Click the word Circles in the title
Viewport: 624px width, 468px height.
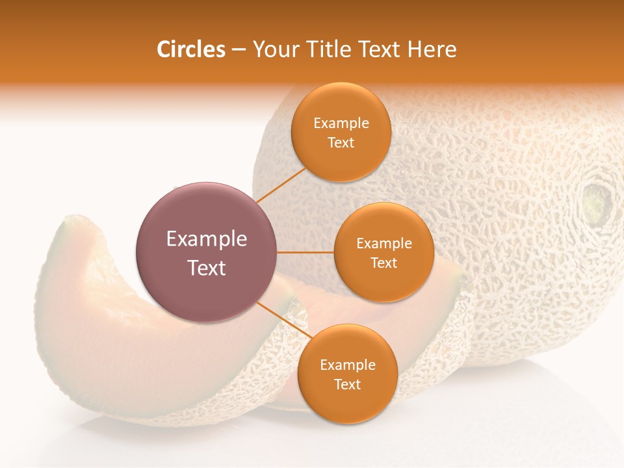[x=191, y=49]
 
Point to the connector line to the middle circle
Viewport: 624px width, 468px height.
[x=305, y=252]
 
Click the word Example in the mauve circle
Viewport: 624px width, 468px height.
[x=207, y=239]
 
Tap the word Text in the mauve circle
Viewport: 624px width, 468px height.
[x=207, y=268]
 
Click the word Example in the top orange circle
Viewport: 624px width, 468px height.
[x=341, y=123]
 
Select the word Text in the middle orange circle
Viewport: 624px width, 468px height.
[x=383, y=263]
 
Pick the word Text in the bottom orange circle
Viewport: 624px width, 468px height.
[x=347, y=384]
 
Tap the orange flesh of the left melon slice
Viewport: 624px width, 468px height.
[x=84, y=305]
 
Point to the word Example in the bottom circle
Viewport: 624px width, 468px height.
[x=348, y=365]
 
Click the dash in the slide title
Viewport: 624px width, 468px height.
[x=239, y=49]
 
